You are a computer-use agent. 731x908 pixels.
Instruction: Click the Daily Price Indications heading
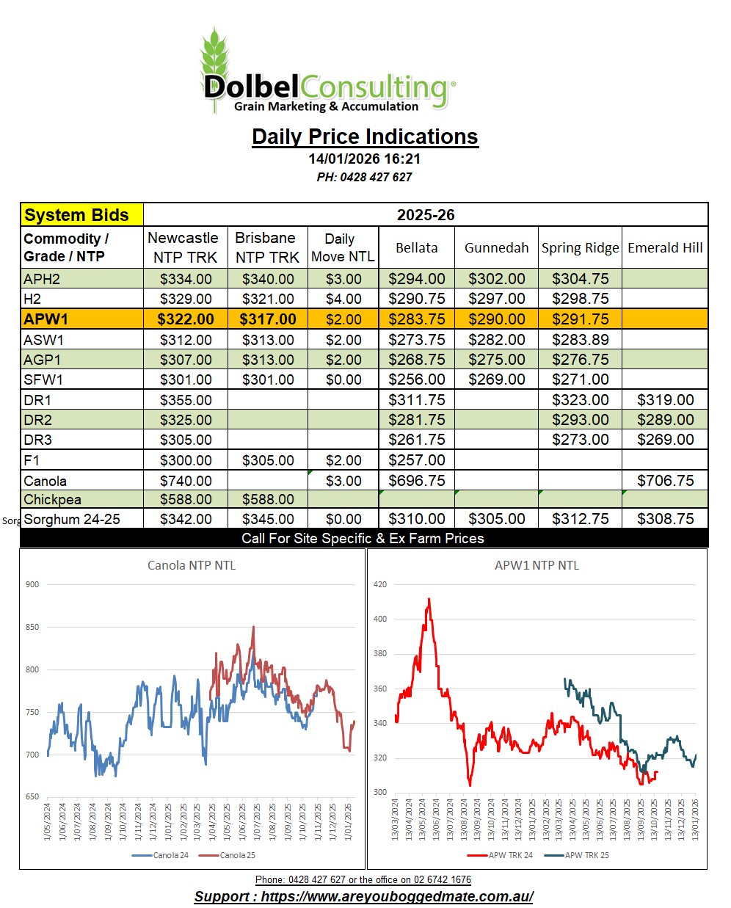[x=365, y=137]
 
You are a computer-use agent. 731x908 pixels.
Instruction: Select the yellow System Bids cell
[x=81, y=215]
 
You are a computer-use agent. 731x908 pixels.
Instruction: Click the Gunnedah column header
[x=496, y=247]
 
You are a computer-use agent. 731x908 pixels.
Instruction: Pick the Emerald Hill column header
[x=665, y=247]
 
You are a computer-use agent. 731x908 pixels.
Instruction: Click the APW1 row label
[x=46, y=319]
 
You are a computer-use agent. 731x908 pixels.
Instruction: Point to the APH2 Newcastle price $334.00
[x=186, y=279]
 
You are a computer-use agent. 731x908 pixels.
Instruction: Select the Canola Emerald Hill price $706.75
[x=665, y=481]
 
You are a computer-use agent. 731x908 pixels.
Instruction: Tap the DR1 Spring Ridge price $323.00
[x=580, y=400]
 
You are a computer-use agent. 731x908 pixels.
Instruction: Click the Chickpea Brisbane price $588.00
[x=268, y=499]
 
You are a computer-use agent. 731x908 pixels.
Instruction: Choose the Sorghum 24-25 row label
[x=72, y=519]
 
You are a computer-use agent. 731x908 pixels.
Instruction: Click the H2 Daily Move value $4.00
[x=343, y=299]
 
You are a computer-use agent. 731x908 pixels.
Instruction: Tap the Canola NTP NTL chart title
[x=192, y=565]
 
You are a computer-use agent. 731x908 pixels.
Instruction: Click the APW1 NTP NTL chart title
[x=537, y=565]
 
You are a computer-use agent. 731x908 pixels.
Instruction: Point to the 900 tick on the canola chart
[x=32, y=584]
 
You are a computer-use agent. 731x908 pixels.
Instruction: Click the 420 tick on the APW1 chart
[x=380, y=584]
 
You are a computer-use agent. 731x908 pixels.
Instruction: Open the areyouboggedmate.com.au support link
[x=396, y=896]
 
